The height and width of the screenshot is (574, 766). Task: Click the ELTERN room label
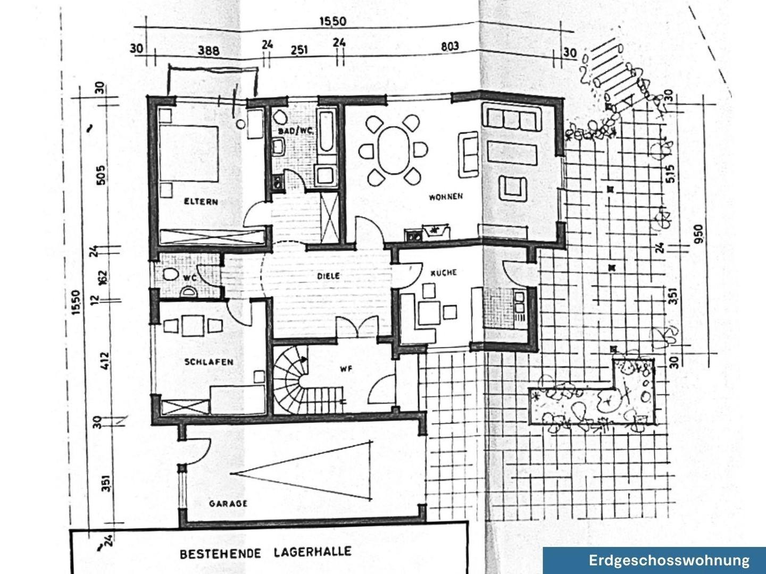click(201, 201)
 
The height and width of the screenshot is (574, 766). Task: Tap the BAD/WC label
click(296, 131)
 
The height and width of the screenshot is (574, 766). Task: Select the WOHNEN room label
click(446, 197)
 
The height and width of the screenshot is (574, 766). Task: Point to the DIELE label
click(328, 276)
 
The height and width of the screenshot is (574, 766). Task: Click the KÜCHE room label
click(444, 272)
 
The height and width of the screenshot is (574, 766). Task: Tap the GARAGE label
click(228, 503)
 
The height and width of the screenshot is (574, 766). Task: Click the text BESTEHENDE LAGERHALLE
click(265, 553)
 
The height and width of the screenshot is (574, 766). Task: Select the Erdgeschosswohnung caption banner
click(669, 560)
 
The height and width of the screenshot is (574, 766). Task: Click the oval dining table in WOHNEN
click(393, 150)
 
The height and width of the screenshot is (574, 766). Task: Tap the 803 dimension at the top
click(449, 47)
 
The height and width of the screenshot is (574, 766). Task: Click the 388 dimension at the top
click(209, 50)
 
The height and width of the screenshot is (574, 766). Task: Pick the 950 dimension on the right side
click(698, 233)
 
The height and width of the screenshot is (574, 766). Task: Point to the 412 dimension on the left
click(103, 361)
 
